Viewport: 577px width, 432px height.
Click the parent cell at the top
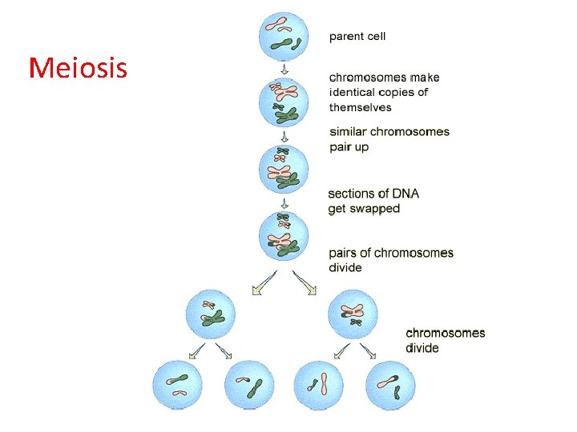coord(283,35)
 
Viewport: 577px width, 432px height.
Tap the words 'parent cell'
coord(357,36)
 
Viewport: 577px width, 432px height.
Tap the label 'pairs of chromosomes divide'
coord(390,260)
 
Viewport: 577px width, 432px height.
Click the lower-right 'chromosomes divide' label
coord(445,340)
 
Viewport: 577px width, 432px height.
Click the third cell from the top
coord(283,170)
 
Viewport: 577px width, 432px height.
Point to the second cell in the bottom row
coord(250,386)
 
